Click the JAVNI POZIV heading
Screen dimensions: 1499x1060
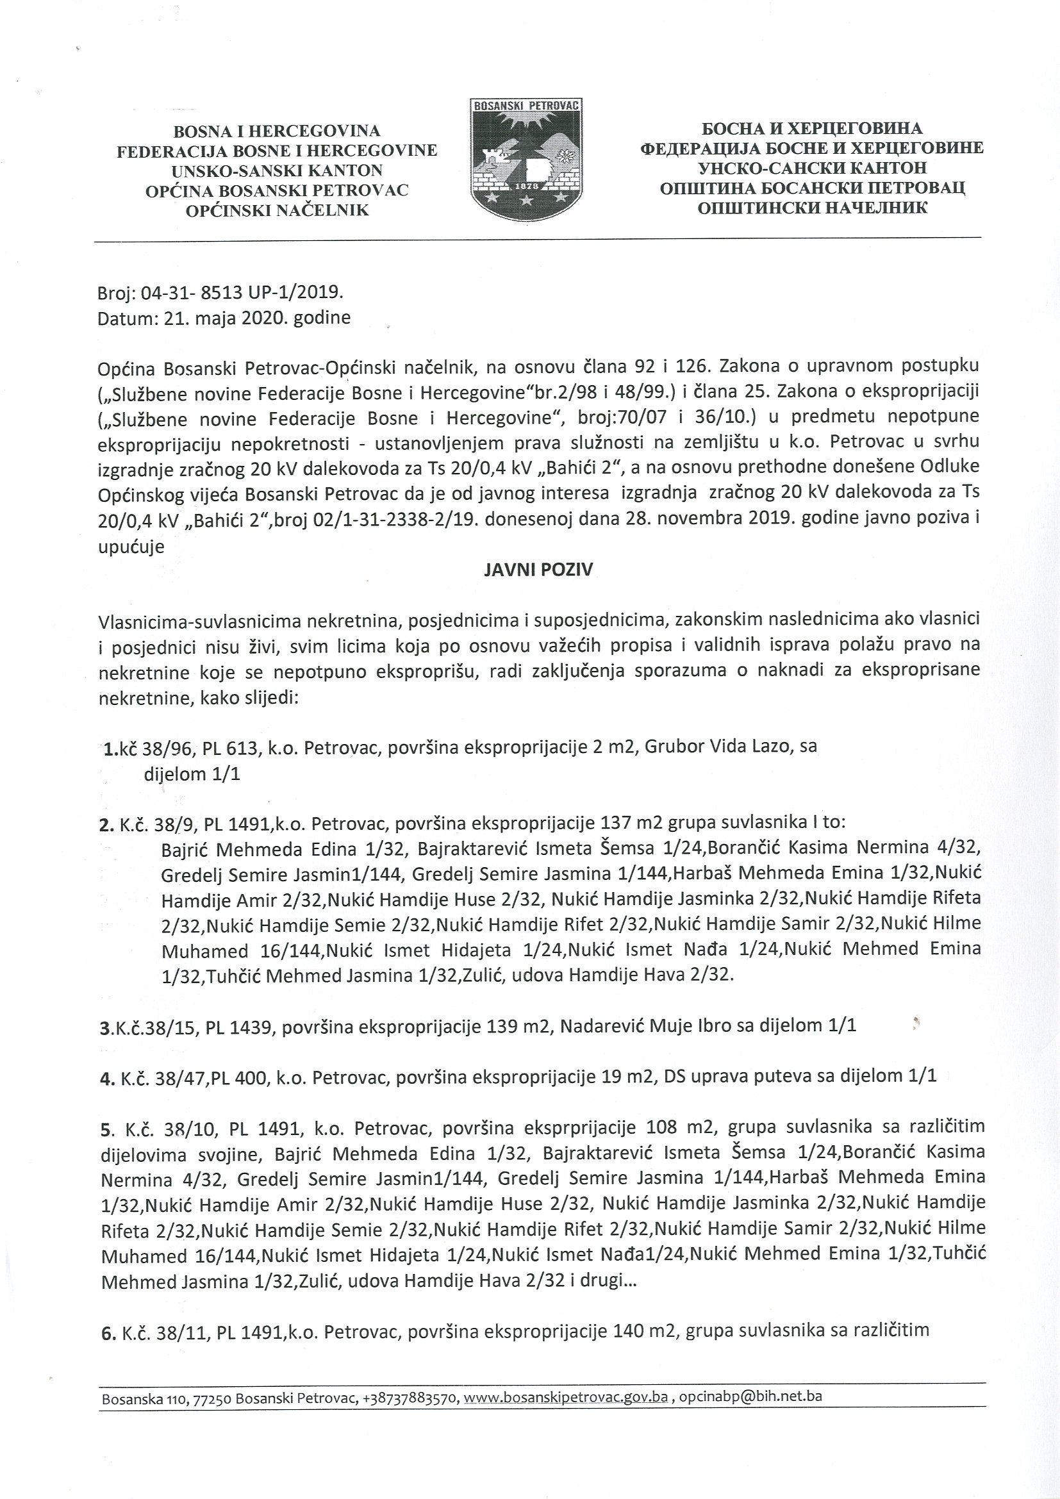(x=538, y=570)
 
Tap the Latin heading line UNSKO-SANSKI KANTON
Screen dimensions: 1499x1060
(x=277, y=171)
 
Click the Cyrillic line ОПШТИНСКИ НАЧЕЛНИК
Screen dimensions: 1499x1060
(x=812, y=208)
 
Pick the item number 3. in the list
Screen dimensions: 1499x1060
(x=106, y=1025)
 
